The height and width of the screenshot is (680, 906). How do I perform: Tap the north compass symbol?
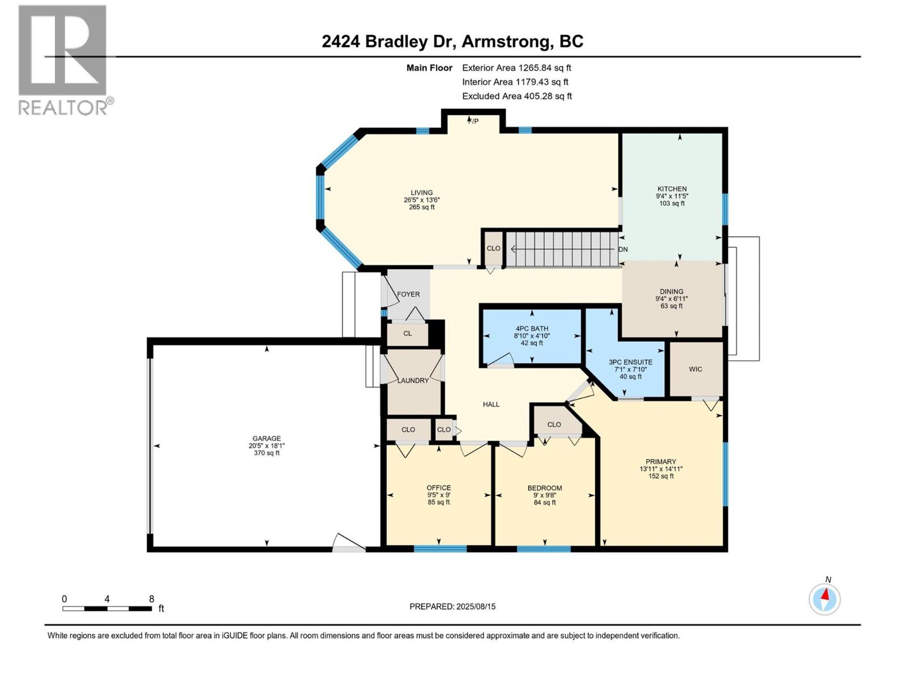tap(824, 598)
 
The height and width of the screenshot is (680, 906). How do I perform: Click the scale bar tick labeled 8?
tap(151, 599)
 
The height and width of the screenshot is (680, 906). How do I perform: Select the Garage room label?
tap(267, 438)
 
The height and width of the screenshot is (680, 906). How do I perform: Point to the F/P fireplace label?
tap(473, 121)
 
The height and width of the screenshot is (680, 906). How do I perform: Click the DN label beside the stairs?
tap(623, 249)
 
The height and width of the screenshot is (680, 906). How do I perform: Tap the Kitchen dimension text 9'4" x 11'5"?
tap(672, 196)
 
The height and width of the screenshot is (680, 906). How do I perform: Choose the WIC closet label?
tap(695, 369)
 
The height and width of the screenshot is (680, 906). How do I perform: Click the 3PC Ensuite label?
tap(630, 362)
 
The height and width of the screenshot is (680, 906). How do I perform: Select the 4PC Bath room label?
tap(532, 329)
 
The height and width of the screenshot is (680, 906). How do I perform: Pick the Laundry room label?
tap(413, 380)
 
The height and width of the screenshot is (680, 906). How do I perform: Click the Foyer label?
tap(408, 294)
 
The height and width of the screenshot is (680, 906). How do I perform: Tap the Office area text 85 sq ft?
tap(439, 502)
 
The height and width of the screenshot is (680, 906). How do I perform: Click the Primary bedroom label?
tap(661, 461)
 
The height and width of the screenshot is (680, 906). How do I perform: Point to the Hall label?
tap(491, 404)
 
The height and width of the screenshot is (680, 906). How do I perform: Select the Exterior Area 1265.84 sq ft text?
tap(516, 68)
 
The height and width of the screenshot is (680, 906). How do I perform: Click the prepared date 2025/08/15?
tap(476, 606)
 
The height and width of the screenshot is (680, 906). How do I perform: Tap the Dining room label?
tap(672, 291)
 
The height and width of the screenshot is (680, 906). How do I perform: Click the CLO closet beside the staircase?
tap(493, 248)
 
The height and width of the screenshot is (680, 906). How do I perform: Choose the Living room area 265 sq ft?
tap(422, 207)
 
